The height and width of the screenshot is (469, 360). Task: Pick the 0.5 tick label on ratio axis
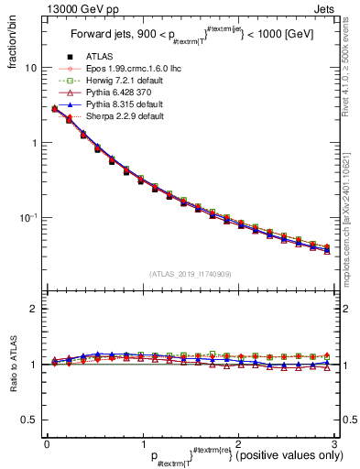point(29,420)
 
